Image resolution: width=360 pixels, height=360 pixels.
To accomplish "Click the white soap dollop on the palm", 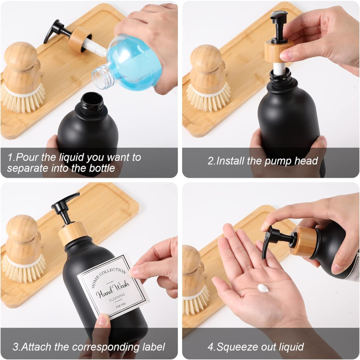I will click(x=263, y=288).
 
